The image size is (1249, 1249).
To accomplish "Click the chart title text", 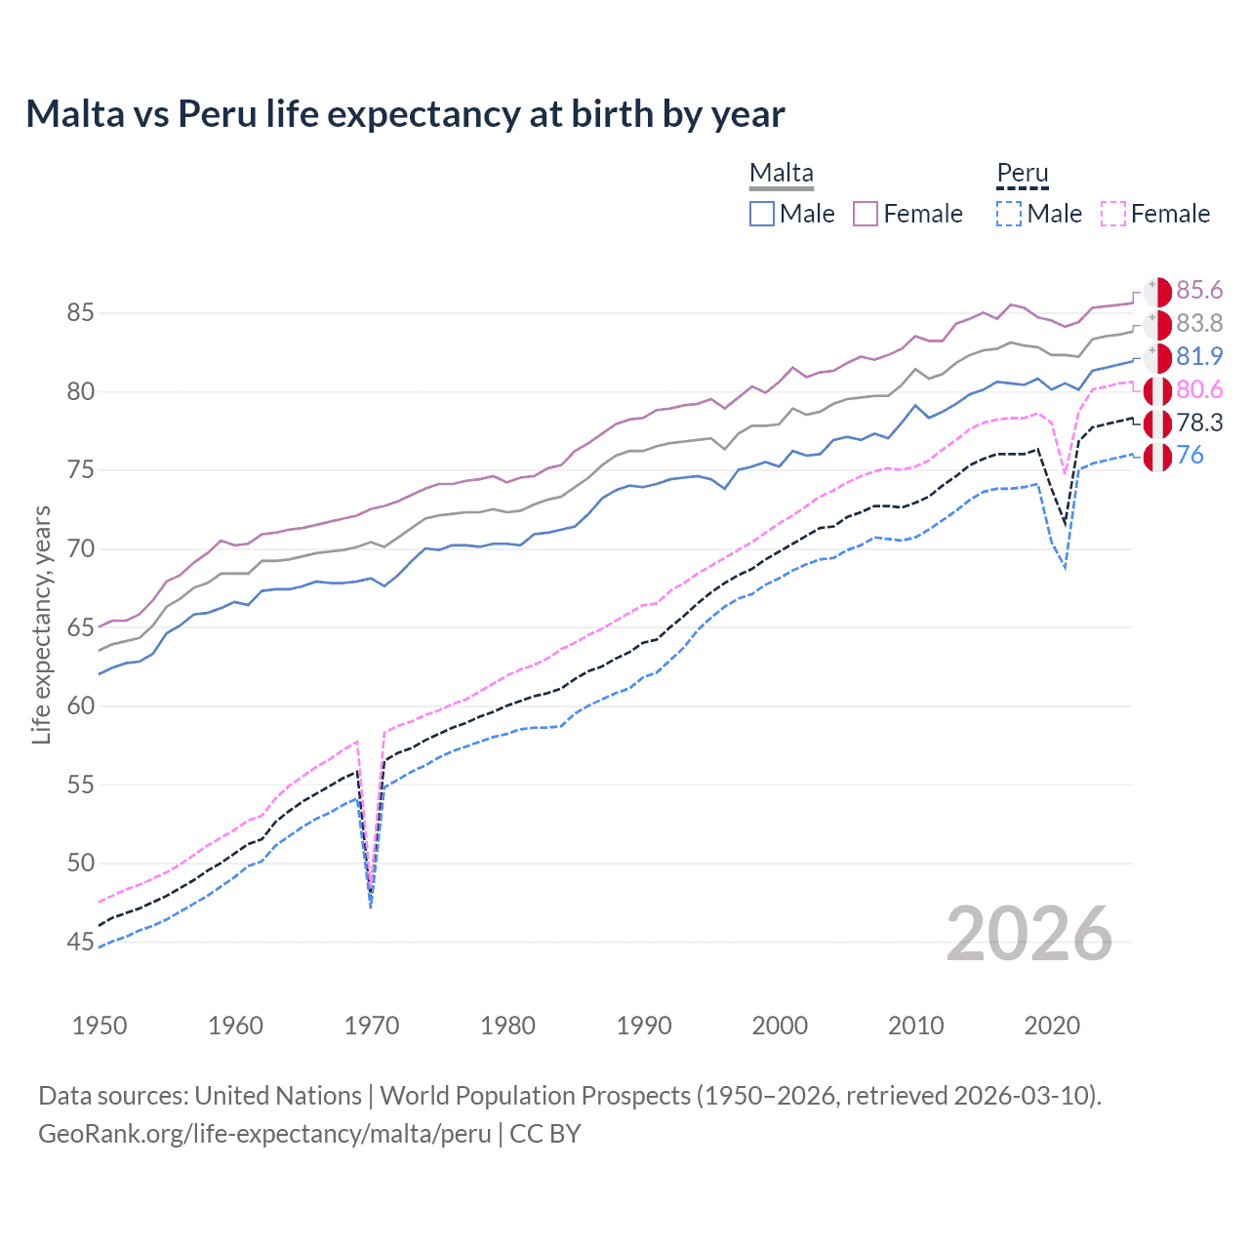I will (x=405, y=114).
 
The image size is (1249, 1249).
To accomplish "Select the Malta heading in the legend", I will (x=781, y=173).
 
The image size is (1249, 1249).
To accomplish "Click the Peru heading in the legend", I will (x=1022, y=173).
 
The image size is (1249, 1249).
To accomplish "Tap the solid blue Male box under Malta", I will (x=762, y=214).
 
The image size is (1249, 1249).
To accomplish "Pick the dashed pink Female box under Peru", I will (x=1113, y=214).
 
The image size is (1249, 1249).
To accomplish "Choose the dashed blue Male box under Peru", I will (x=1009, y=214).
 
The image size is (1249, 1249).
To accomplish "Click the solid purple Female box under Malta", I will (x=866, y=214).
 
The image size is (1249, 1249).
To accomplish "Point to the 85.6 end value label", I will (x=1199, y=291).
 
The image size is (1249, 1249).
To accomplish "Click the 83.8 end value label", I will (x=1199, y=324).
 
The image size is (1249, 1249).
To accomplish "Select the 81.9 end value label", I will (x=1199, y=357).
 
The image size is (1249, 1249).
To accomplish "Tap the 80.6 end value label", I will (x=1199, y=390).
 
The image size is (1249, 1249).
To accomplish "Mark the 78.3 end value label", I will (x=1199, y=423).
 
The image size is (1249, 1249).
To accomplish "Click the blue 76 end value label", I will (x=1190, y=456).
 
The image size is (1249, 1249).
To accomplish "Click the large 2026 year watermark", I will (x=1028, y=934).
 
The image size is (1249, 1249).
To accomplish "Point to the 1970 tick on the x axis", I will (x=372, y=1026).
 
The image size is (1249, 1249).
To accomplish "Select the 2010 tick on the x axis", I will (x=915, y=1026).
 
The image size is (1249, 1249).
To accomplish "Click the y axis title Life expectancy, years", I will (x=41, y=624).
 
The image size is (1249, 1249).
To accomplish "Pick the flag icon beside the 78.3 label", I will (x=1157, y=423).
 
